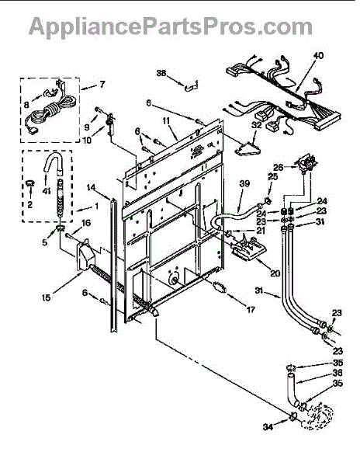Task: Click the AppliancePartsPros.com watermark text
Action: pos(171,27)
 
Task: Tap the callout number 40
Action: pos(318,56)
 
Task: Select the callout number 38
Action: pos(161,73)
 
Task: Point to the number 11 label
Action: pos(166,121)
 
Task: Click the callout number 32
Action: pos(256,125)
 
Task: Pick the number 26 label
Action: pos(279,167)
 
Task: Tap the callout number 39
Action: pos(244,183)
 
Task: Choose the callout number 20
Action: pos(275,273)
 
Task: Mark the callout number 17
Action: pos(251,310)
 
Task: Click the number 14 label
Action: pos(91,187)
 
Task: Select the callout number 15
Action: pos(46,297)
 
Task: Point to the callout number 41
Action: pos(47,191)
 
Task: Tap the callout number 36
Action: pos(337,372)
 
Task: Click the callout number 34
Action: pos(268,426)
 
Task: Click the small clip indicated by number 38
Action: pos(191,86)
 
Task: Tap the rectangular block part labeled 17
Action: pos(220,287)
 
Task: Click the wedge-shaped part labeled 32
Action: pos(247,149)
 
